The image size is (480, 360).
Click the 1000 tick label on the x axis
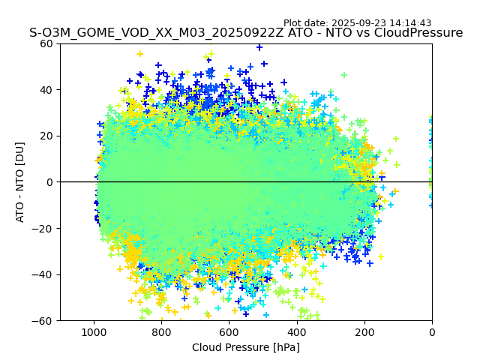pos(94,332)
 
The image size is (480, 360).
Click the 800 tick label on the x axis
pos(161,332)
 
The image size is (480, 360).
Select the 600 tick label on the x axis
pos(229,332)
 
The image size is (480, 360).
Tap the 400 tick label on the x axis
pos(296,332)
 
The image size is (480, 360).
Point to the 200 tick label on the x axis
pos(364,332)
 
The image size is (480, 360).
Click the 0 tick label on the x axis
pos(432,332)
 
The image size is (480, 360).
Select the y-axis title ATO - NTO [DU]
pos(21,182)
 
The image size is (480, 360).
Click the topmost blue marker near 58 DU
pos(259,47)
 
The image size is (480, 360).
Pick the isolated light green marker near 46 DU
pos(344,75)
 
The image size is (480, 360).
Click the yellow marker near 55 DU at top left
pos(139,54)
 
